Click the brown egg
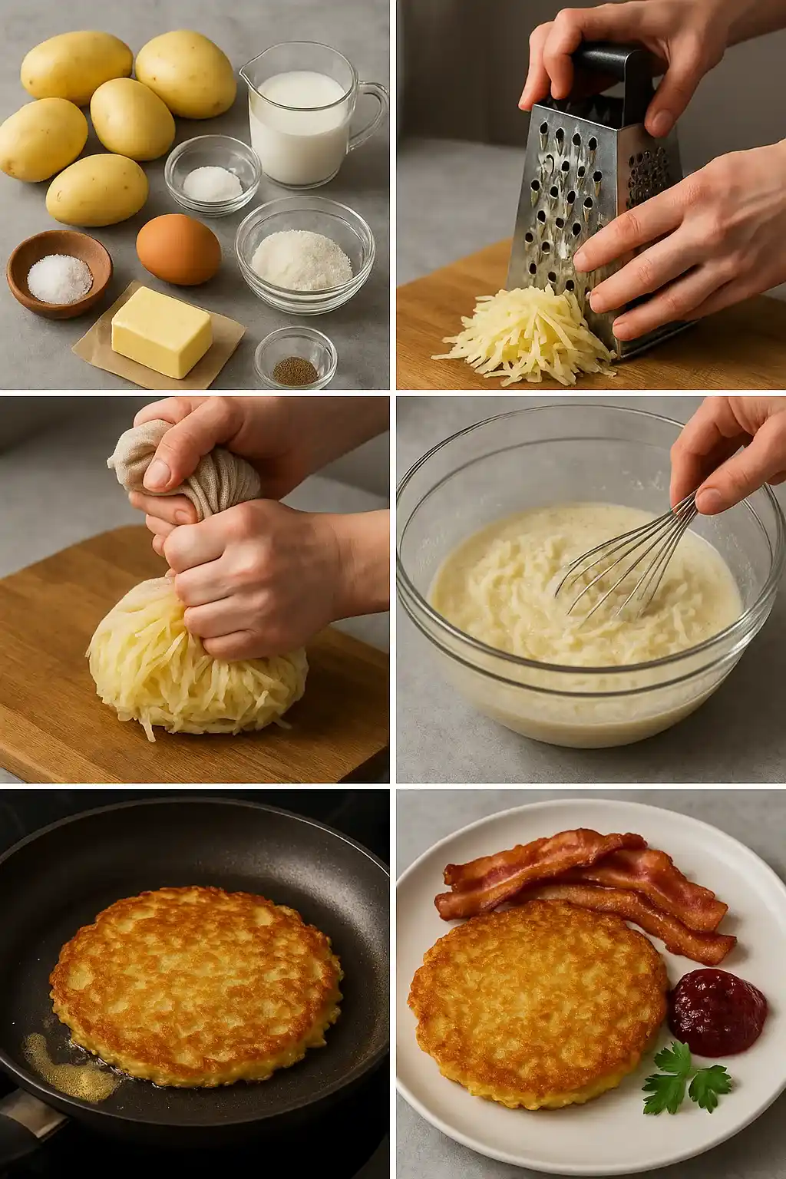point(178,249)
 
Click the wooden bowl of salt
point(59,273)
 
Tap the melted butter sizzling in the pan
point(65,1055)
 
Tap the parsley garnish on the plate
point(683,1075)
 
